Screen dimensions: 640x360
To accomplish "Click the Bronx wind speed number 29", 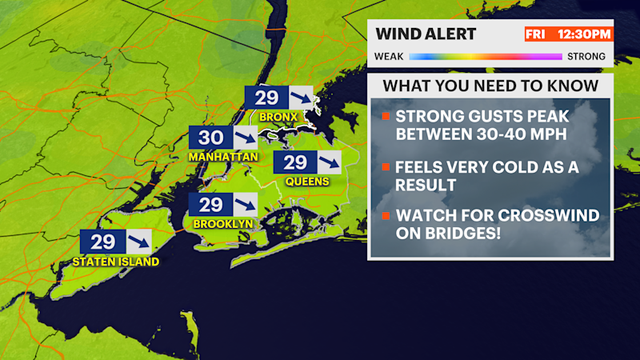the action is [x=266, y=98].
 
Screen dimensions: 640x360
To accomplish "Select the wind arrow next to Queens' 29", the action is [x=326, y=163].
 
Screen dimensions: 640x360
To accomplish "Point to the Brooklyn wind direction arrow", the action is [x=241, y=205].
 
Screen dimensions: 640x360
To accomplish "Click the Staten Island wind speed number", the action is [x=102, y=242].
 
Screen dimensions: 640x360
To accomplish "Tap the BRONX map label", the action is [x=278, y=117].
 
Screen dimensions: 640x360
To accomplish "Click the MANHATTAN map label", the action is [x=223, y=157].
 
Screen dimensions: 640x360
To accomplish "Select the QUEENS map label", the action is [x=307, y=182].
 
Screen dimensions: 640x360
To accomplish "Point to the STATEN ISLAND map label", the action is [x=115, y=262].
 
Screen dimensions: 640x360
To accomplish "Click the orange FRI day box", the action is [x=534, y=34].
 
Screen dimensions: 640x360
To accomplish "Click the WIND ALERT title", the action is [x=426, y=34].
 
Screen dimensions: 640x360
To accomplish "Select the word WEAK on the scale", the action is [x=390, y=57].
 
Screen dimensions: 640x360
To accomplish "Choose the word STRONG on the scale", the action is [x=588, y=57].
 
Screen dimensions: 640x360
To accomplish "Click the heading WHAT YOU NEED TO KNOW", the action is [x=490, y=86].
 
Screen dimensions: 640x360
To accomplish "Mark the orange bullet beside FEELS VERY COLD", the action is [x=386, y=167].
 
